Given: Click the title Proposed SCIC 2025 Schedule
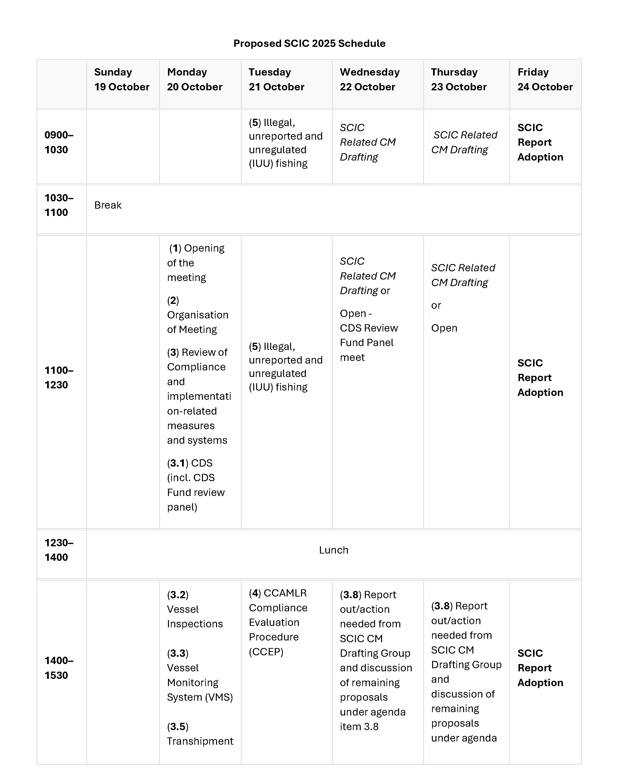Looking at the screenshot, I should click(309, 43).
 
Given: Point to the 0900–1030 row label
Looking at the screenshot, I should click(59, 142).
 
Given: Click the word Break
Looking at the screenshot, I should click(108, 205).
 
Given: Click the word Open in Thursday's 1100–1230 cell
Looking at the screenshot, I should click(444, 328).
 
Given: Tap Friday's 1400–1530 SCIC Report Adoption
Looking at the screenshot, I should click(540, 668).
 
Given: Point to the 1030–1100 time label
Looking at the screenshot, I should click(59, 205).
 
